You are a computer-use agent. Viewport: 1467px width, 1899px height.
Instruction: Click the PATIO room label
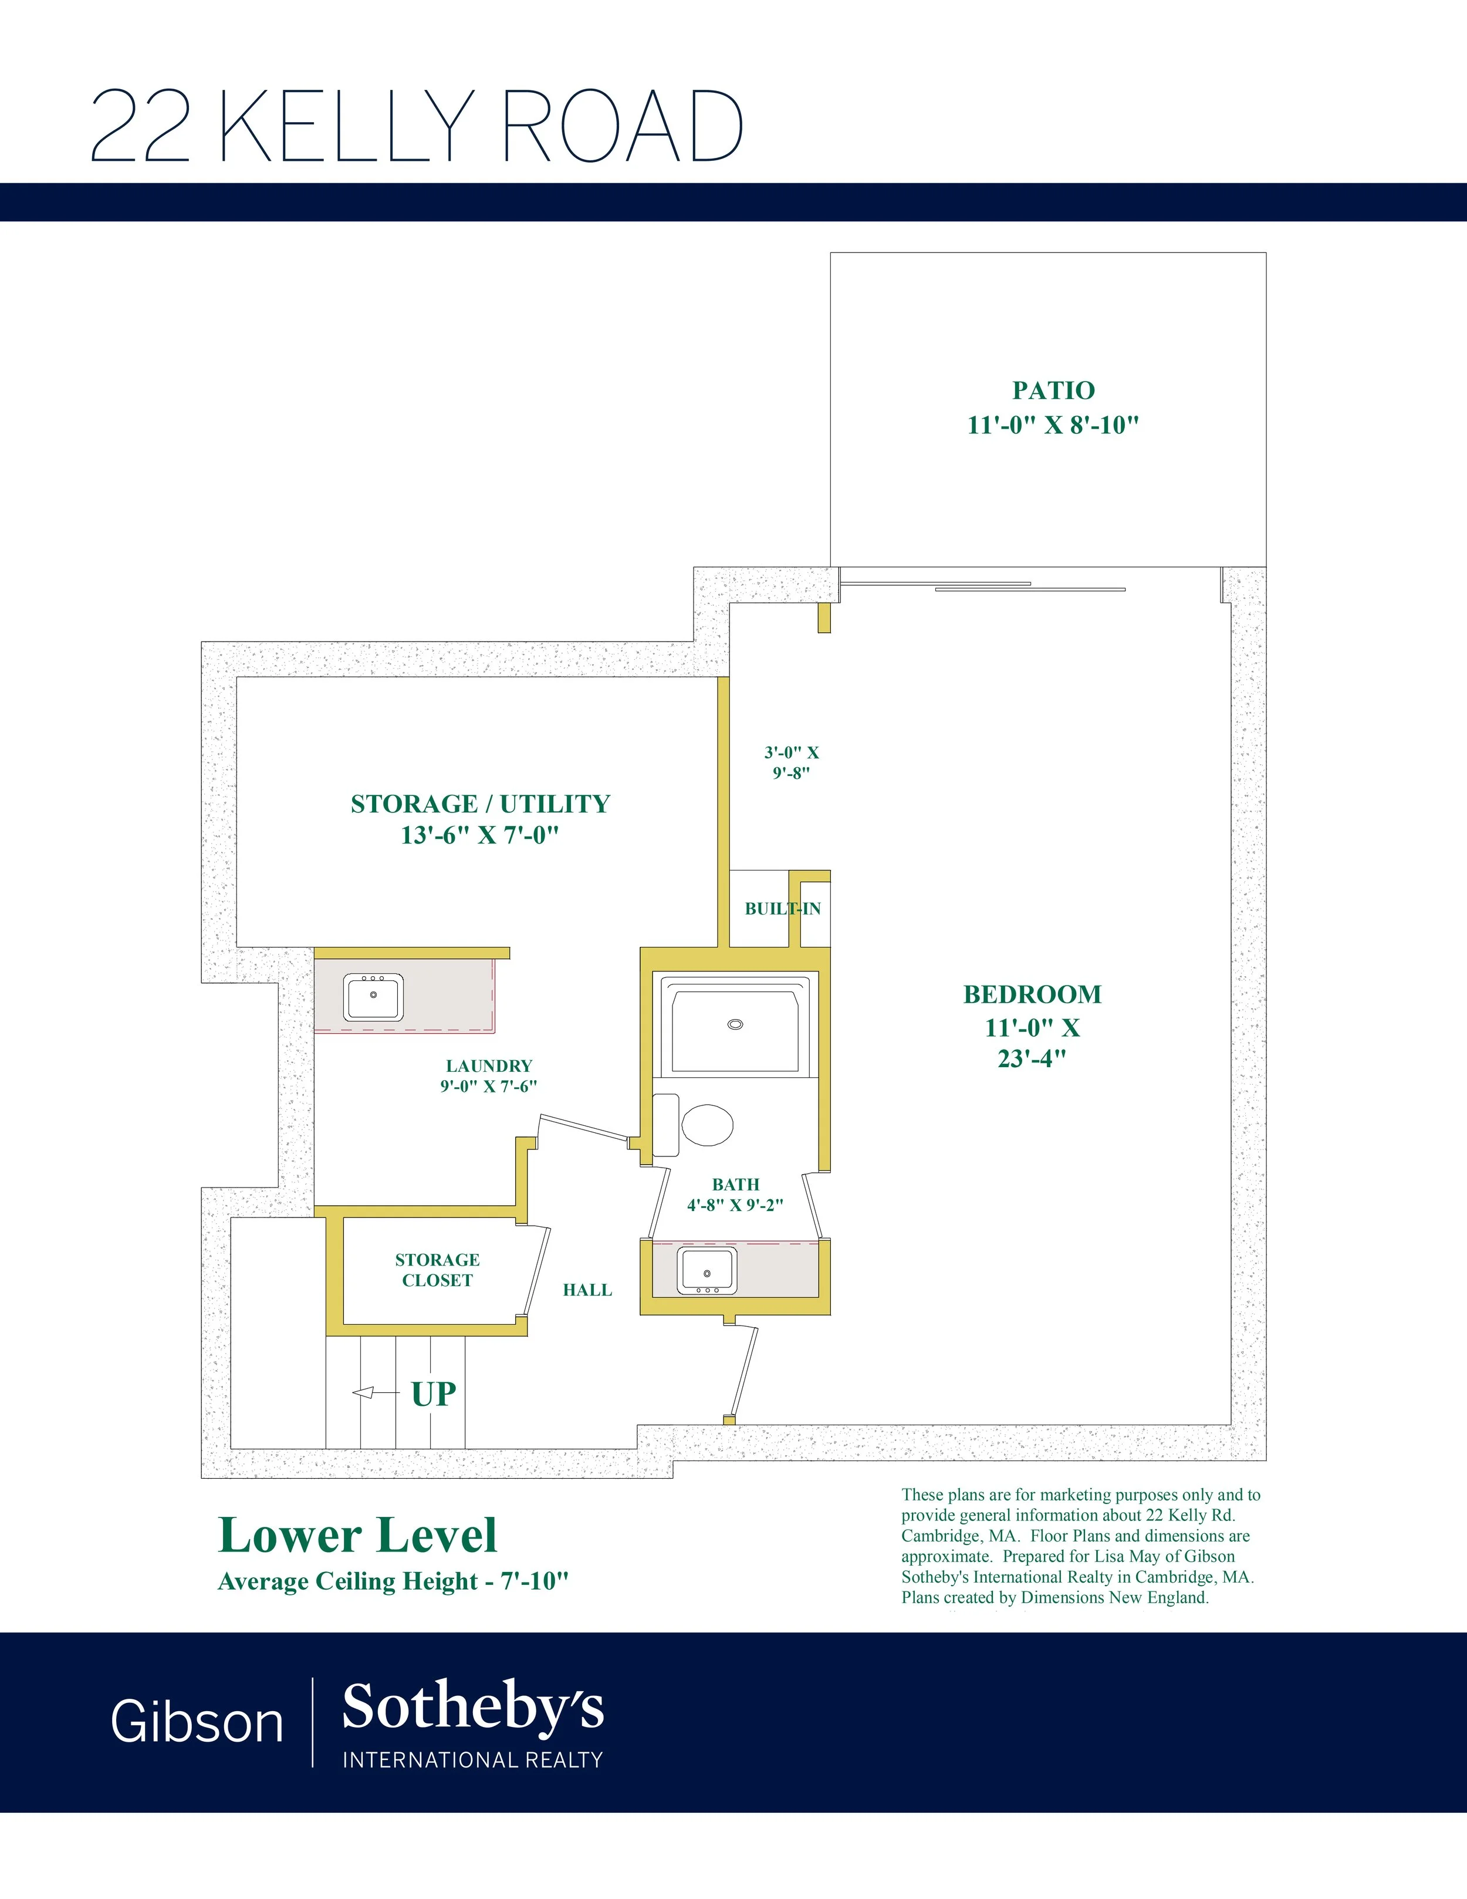click(1053, 390)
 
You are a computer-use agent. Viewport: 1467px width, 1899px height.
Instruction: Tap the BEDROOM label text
click(1032, 994)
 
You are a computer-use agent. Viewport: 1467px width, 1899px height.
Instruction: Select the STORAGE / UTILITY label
click(481, 804)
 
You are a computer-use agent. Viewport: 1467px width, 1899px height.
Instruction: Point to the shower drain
click(735, 1024)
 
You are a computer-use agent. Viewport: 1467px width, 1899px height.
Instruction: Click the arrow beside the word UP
click(376, 1393)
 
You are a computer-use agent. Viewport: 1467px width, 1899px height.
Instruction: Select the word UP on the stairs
click(434, 1394)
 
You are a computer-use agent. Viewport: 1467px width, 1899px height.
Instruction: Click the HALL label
click(587, 1290)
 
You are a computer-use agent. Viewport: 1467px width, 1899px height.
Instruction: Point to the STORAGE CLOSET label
click(437, 1270)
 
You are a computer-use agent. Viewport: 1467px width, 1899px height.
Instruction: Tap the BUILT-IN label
click(783, 909)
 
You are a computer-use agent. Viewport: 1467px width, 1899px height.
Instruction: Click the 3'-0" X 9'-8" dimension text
click(792, 763)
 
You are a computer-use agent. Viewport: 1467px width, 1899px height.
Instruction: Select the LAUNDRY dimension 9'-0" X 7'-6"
click(488, 1086)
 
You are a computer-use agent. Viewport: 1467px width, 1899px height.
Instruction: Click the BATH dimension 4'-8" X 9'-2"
click(735, 1205)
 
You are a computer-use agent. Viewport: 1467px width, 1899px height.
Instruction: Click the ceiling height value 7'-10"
click(535, 1581)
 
